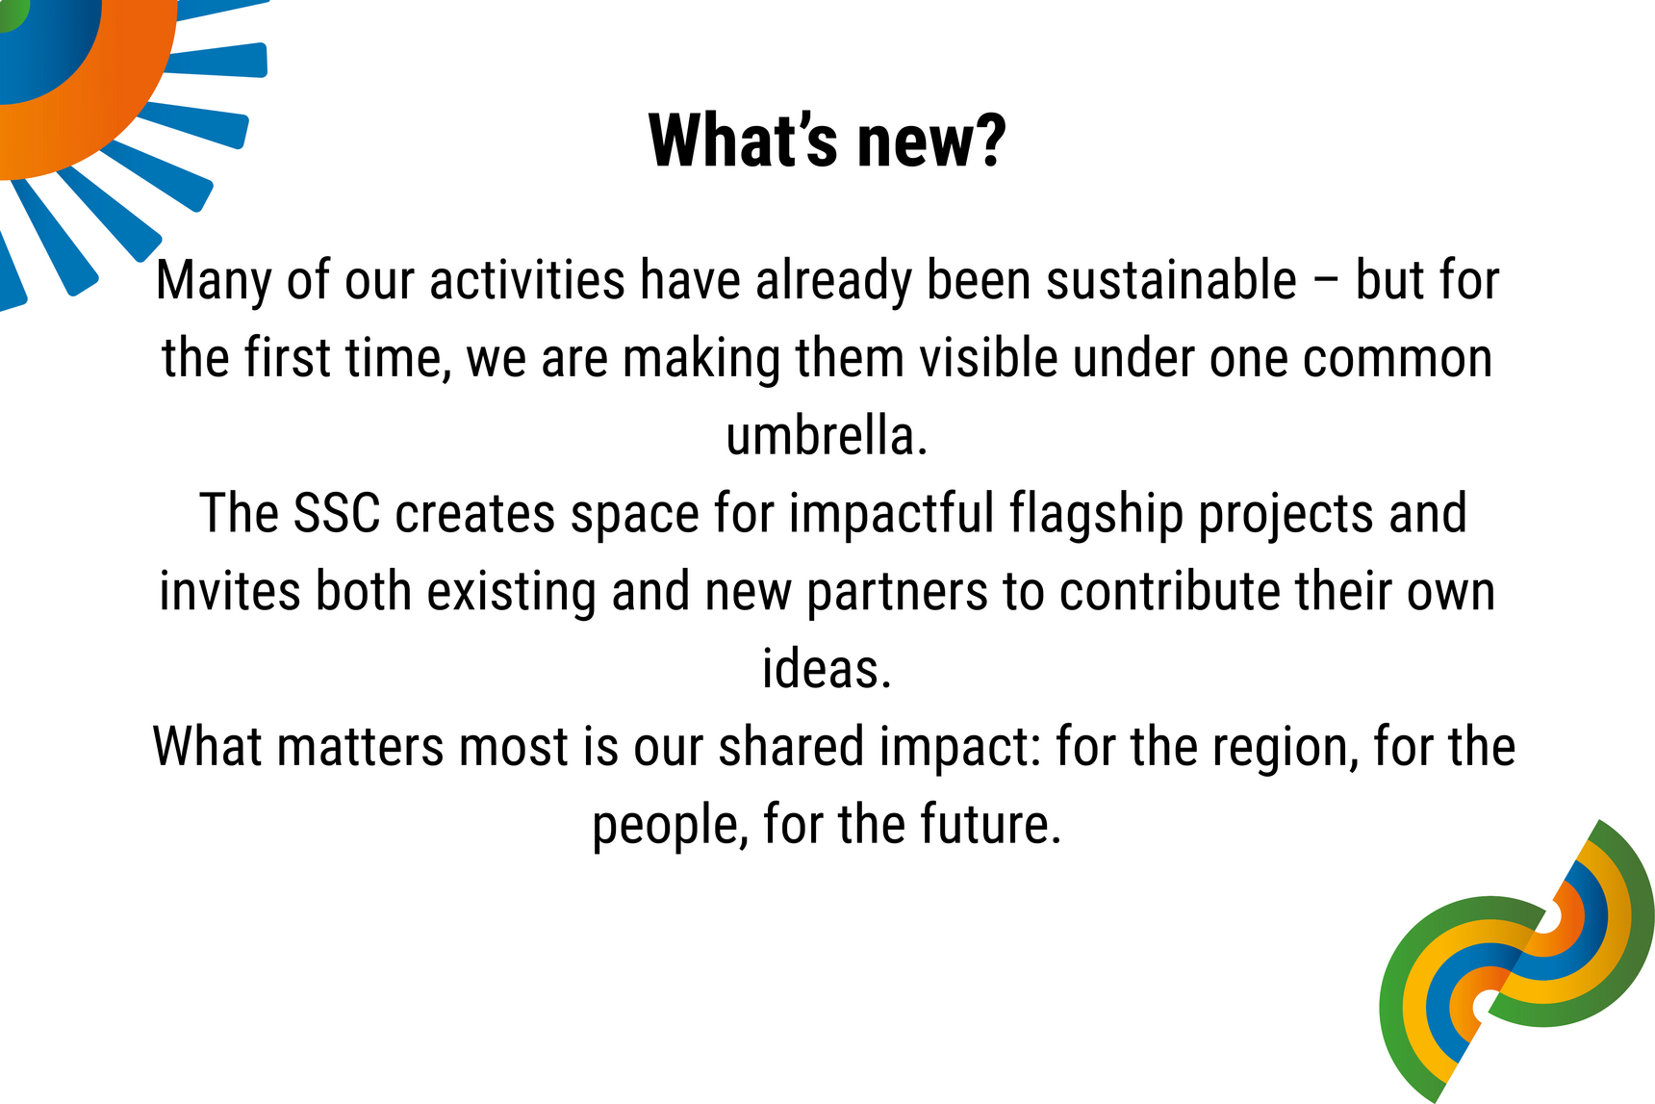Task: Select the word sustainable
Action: (x=1171, y=280)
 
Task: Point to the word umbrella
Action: (x=826, y=435)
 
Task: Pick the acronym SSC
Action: (x=337, y=513)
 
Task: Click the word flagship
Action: (x=1096, y=515)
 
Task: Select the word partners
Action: (x=897, y=593)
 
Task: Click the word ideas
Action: (x=827, y=668)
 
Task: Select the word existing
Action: (x=512, y=593)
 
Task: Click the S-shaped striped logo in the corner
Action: (x=1517, y=961)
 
